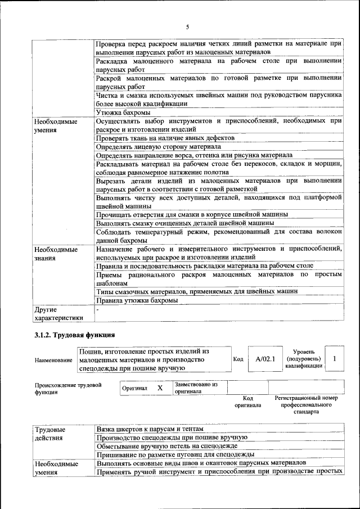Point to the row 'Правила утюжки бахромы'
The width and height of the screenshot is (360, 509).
(x=137, y=300)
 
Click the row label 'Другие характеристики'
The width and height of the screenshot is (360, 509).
(x=58, y=313)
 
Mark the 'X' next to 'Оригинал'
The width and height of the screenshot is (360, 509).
(x=160, y=388)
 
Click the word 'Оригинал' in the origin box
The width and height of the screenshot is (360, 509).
(x=134, y=388)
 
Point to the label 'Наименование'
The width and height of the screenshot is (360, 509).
(x=53, y=360)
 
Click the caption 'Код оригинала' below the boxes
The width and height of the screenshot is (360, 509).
(x=247, y=402)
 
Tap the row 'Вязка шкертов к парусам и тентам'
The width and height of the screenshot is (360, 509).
(x=150, y=428)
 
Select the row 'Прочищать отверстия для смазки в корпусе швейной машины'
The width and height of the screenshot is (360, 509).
(x=192, y=214)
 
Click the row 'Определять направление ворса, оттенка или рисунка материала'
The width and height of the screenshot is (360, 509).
(x=194, y=155)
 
